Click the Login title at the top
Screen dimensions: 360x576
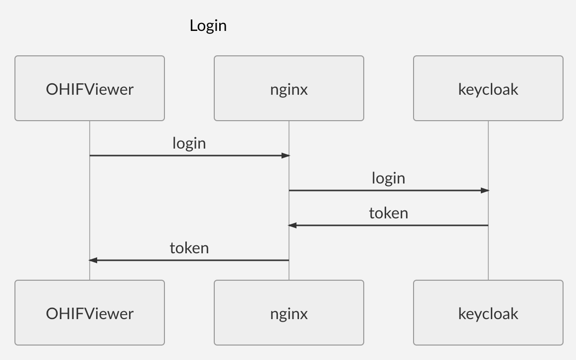[208, 25]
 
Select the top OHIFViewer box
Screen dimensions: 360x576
[90, 89]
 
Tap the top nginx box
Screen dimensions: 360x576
[289, 89]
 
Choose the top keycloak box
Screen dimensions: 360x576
[488, 89]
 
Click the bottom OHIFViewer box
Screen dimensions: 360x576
[90, 313]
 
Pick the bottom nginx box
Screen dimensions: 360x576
[289, 313]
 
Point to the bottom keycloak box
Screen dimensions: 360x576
[488, 313]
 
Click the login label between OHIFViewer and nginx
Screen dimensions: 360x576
[189, 144]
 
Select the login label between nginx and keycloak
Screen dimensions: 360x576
[389, 179]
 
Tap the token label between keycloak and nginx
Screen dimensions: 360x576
[389, 213]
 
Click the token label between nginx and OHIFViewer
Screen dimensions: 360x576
[189, 248]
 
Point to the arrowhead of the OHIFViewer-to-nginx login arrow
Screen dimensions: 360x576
[286, 156]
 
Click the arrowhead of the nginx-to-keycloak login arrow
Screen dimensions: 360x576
[485, 190]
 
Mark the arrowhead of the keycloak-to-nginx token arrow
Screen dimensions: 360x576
[292, 225]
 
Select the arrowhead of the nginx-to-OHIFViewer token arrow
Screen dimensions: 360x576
[93, 260]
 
